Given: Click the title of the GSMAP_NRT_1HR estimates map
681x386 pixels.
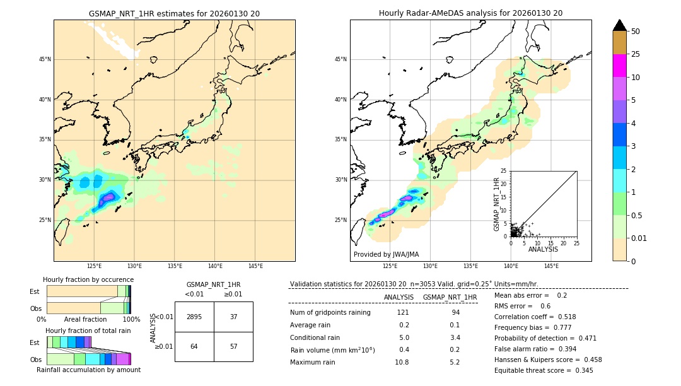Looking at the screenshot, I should (x=174, y=13).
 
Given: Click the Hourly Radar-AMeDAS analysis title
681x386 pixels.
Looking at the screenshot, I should (x=470, y=13).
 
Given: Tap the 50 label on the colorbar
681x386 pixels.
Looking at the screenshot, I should (x=636, y=32).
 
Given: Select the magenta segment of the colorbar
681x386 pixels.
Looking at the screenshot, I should (x=619, y=66).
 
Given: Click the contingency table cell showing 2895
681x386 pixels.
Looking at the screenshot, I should (x=194, y=317).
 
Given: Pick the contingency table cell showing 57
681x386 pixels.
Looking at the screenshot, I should (x=233, y=347).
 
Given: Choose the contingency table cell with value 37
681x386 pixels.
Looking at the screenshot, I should (x=233, y=317).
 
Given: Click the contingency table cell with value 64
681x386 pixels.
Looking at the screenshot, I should (x=194, y=347).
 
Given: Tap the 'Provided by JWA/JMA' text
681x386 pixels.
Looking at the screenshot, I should (x=386, y=254).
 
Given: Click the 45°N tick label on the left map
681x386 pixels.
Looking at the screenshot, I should (x=45, y=59).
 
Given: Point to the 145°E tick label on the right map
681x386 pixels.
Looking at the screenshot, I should (x=551, y=266).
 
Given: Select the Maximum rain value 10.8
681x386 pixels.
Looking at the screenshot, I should (x=402, y=362).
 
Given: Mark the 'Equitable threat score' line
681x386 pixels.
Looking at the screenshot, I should (x=544, y=370).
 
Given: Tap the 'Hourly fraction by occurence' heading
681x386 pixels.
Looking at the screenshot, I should (x=88, y=279).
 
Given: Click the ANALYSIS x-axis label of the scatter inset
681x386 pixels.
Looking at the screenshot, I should (x=543, y=249).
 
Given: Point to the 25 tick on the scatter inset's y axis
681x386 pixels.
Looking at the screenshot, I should (x=504, y=171).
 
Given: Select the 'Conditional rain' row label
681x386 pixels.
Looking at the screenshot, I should (x=316, y=337).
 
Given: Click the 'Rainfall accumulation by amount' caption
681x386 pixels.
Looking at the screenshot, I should (x=88, y=370).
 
